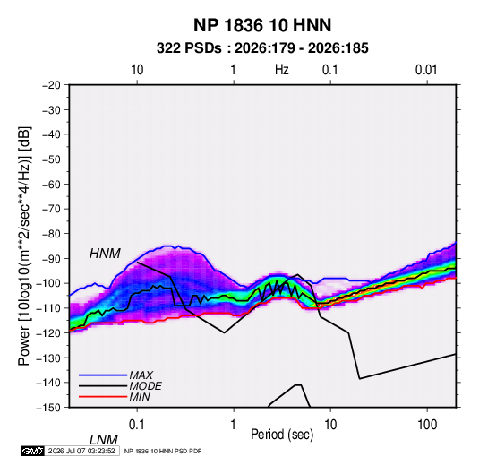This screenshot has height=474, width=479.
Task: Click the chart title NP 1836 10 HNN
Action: tap(262, 25)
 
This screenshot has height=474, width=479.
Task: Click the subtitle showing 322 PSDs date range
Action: tap(262, 48)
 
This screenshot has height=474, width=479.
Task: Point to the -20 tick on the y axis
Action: tap(51, 85)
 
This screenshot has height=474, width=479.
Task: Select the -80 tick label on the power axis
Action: tap(51, 234)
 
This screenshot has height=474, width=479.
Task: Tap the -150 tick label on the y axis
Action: tap(48, 408)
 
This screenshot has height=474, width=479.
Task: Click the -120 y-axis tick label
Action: tap(48, 333)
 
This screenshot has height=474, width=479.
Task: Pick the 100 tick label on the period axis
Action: tap(427, 425)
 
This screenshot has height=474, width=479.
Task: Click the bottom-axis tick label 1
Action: tap(234, 425)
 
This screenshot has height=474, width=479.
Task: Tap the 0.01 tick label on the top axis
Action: tap(426, 70)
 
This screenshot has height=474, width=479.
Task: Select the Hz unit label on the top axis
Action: tap(282, 70)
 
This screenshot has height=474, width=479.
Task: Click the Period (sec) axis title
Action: tap(282, 435)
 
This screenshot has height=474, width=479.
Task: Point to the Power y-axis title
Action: tap(24, 246)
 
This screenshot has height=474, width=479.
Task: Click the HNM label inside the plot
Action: tap(105, 254)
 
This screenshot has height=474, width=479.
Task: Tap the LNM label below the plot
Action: tap(104, 440)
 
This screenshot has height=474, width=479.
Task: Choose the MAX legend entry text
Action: tap(141, 375)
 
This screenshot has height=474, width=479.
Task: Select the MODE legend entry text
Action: tap(145, 386)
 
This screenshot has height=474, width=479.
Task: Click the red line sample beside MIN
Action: tap(103, 397)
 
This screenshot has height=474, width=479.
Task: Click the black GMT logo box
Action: tap(33, 451)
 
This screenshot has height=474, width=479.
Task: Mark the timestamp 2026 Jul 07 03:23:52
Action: tap(81, 451)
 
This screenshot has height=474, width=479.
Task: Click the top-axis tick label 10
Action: tap(137, 70)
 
